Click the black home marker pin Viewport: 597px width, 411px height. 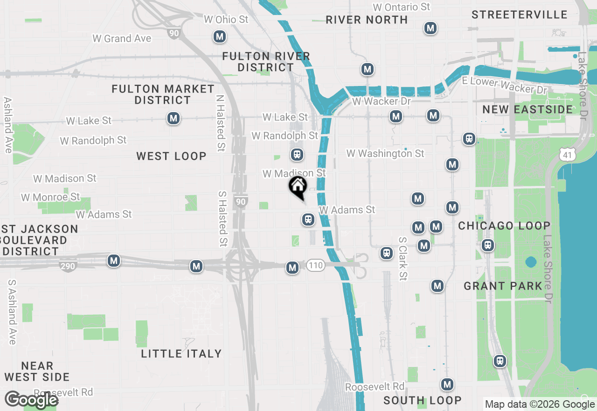298,187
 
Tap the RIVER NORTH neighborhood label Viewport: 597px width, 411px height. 367,20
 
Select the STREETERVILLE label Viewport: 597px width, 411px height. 519,14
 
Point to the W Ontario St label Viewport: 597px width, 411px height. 402,7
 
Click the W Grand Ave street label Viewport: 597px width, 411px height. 122,38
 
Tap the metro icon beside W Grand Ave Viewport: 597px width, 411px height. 219,36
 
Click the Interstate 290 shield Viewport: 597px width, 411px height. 68,266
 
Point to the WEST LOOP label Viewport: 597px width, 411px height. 171,156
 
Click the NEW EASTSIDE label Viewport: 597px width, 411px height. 528,109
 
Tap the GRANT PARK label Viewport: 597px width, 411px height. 503,286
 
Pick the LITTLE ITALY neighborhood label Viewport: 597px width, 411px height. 181,354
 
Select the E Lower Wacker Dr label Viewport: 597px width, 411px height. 504,85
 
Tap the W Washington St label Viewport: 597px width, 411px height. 385,153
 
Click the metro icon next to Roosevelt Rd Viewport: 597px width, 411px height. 447,384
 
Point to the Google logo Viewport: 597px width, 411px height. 31,400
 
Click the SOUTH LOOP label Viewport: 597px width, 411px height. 423,400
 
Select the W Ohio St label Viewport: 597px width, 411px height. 226,20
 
